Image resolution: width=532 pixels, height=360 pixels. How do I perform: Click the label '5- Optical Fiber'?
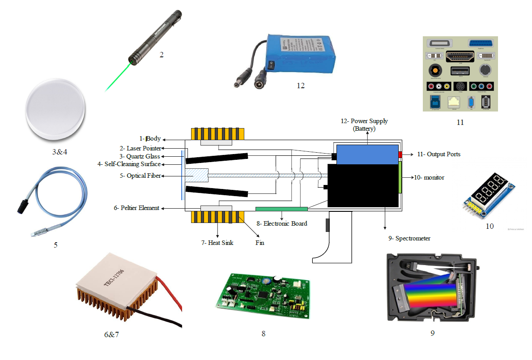tap(144, 176)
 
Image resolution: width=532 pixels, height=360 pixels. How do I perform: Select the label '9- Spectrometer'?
tap(409, 239)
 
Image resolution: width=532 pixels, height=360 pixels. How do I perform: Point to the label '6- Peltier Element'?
tap(136, 208)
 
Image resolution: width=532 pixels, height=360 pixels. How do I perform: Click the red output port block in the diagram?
tap(400, 154)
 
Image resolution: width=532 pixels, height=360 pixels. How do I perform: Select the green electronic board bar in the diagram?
tap(281, 209)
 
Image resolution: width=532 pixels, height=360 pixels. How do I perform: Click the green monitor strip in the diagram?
tap(400, 177)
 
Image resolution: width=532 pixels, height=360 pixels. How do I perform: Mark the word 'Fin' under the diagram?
tap(260, 243)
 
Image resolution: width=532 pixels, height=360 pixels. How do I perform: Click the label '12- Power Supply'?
tap(363, 121)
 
